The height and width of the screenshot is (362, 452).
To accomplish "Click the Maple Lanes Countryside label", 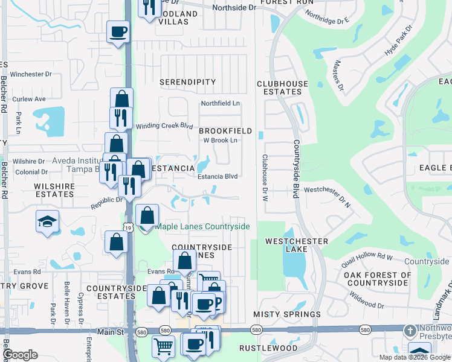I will pyautogui.click(x=202, y=226).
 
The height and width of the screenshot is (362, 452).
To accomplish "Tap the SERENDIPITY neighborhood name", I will pyautogui.click(x=187, y=81).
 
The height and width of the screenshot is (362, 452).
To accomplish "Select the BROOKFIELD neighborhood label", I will pyautogui.click(x=225, y=130).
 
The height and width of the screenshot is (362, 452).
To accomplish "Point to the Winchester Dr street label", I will pyautogui.click(x=31, y=74).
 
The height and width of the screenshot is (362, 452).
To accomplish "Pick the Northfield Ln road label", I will pyautogui.click(x=221, y=104).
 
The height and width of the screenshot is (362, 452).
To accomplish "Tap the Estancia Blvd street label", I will pyautogui.click(x=218, y=177).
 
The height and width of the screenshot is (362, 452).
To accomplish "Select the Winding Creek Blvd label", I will pyautogui.click(x=164, y=126).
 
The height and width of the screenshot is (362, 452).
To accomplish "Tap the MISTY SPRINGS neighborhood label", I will pyautogui.click(x=287, y=314).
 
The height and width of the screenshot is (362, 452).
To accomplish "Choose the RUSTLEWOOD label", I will pyautogui.click(x=268, y=348).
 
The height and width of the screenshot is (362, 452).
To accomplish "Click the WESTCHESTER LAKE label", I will pyautogui.click(x=297, y=246).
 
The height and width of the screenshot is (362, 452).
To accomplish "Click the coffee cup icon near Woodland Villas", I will pyautogui.click(x=118, y=31).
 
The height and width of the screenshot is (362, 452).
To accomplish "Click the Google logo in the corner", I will pyautogui.click(x=21, y=355).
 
